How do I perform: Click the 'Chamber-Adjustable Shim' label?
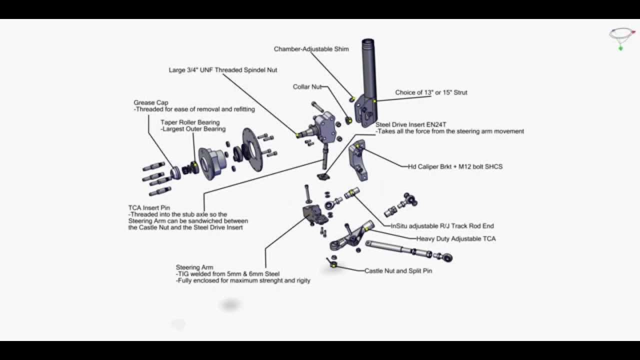pos(311,49)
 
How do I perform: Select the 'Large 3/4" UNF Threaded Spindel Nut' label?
pos(223,70)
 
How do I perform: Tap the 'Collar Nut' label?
pos(307,86)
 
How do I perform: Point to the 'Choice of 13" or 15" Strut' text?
pos(431,92)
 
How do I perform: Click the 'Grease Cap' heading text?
pos(151,102)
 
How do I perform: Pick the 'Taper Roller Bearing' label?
pos(190,122)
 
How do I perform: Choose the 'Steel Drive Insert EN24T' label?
pos(411,124)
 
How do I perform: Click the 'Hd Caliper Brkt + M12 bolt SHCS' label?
pos(455,166)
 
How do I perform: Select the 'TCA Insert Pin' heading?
pos(149,207)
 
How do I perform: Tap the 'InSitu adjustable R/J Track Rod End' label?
pos(442,226)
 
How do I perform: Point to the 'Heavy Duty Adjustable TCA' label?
pos(456,238)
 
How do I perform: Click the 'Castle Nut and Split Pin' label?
pos(398,271)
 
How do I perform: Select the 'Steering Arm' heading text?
pos(194,267)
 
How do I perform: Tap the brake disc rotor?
pos(252,149)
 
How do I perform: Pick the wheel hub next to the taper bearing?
pos(212,163)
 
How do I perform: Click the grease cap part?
pos(175,172)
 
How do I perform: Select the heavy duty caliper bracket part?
pos(357,160)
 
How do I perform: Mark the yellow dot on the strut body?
pos(375,101)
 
